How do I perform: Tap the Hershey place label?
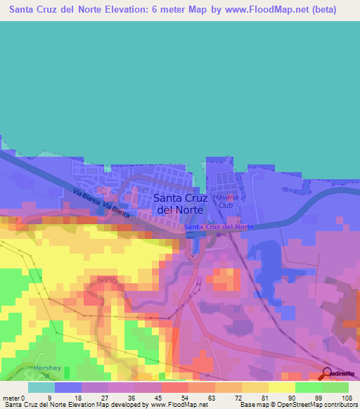[48, 368]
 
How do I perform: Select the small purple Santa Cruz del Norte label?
[218, 227]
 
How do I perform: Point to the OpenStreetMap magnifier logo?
[328, 373]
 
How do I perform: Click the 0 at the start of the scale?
[23, 398]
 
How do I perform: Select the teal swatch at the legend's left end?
[41, 387]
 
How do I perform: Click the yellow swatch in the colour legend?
[282, 387]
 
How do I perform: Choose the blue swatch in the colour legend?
[68, 387]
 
